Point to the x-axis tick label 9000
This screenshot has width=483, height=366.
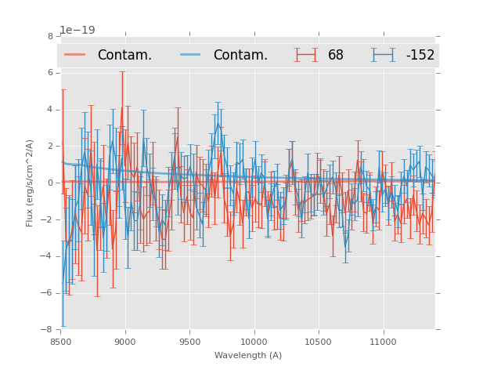tap(125, 342)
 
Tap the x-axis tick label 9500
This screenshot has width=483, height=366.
tap(189, 342)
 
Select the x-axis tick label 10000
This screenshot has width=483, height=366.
tap(254, 342)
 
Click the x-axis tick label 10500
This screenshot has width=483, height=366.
tap(319, 342)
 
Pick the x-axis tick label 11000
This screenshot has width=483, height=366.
tap(383, 342)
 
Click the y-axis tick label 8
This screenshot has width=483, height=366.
tap(50, 36)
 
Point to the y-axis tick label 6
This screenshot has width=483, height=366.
tap(50, 73)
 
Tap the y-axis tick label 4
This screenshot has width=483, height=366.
tap(50, 110)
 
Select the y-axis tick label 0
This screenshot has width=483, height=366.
tap(50, 183)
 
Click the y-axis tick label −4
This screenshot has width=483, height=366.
tap(48, 256)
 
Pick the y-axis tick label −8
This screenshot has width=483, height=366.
tap(48, 330)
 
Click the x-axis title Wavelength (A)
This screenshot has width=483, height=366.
tap(248, 356)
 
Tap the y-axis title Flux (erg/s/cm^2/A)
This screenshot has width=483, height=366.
tap(30, 183)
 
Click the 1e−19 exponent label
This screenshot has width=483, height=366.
tap(77, 31)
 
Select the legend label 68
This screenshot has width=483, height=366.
tap(336, 56)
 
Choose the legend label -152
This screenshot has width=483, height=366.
tap(420, 56)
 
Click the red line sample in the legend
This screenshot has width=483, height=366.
tap(75, 55)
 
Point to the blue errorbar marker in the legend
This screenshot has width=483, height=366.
tap(384, 55)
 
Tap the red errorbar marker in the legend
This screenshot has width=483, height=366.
tap(306, 55)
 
